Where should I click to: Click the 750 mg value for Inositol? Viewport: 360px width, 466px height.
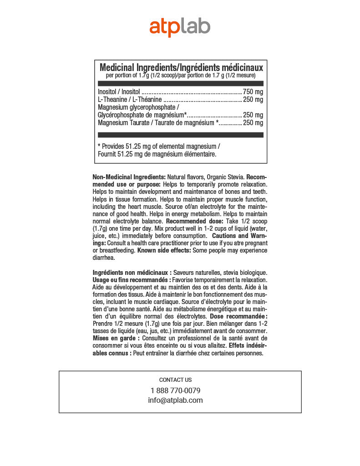point(253,91)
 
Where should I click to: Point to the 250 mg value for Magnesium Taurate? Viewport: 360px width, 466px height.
point(253,123)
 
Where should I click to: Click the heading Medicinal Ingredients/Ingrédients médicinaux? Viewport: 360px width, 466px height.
point(181,67)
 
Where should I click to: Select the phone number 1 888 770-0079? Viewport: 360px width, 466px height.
point(175,390)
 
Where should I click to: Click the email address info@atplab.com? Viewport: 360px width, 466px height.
point(175,400)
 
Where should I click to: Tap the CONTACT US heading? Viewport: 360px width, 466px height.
point(175,380)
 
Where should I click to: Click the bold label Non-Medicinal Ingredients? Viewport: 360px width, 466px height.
point(129,177)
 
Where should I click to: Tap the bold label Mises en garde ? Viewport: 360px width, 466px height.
point(116,339)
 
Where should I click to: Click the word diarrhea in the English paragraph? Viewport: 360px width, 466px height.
point(103,258)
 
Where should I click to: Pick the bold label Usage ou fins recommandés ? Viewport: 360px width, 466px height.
point(132,279)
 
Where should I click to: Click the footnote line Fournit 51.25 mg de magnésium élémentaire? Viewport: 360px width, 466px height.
point(157,154)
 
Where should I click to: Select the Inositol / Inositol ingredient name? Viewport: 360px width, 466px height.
point(119,91)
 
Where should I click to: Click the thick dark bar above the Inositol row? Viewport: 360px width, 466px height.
point(181,83)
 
